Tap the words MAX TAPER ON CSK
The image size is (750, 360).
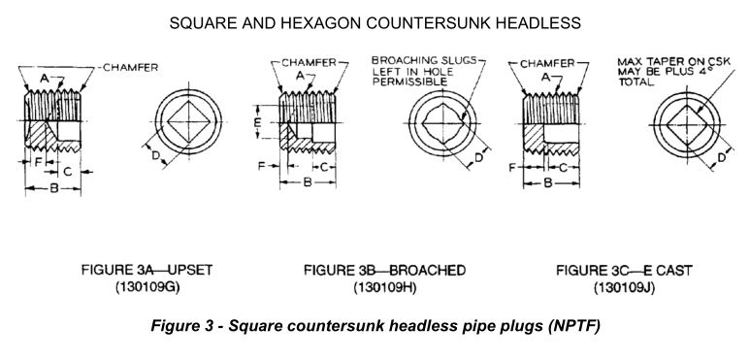[666, 62]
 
